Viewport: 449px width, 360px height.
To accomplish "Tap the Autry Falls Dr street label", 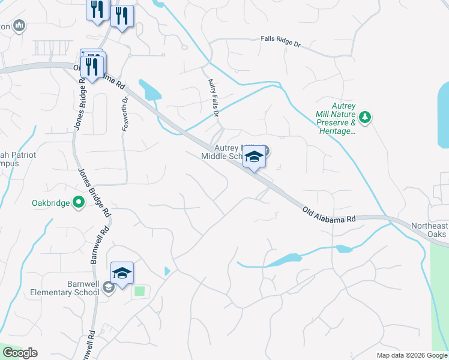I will tap(213, 96).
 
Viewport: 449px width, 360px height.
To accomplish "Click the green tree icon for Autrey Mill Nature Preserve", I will tap(364, 116).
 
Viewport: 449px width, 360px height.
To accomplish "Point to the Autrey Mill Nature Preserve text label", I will tap(336, 122).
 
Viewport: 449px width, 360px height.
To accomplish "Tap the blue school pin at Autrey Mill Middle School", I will tap(255, 157).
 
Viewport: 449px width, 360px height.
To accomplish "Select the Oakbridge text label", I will tap(50, 203).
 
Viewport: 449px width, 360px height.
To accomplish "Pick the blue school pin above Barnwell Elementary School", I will tap(122, 274).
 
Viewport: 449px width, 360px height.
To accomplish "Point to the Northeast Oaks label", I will tap(429, 230).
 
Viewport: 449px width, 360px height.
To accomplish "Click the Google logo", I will tap(20, 353).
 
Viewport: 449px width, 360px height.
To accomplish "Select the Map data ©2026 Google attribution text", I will tap(411, 355).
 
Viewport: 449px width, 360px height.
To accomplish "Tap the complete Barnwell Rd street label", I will tap(99, 244).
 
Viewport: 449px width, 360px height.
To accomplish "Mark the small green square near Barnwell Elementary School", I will tap(140, 291).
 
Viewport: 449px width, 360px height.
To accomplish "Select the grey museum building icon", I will tap(20, 25).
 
